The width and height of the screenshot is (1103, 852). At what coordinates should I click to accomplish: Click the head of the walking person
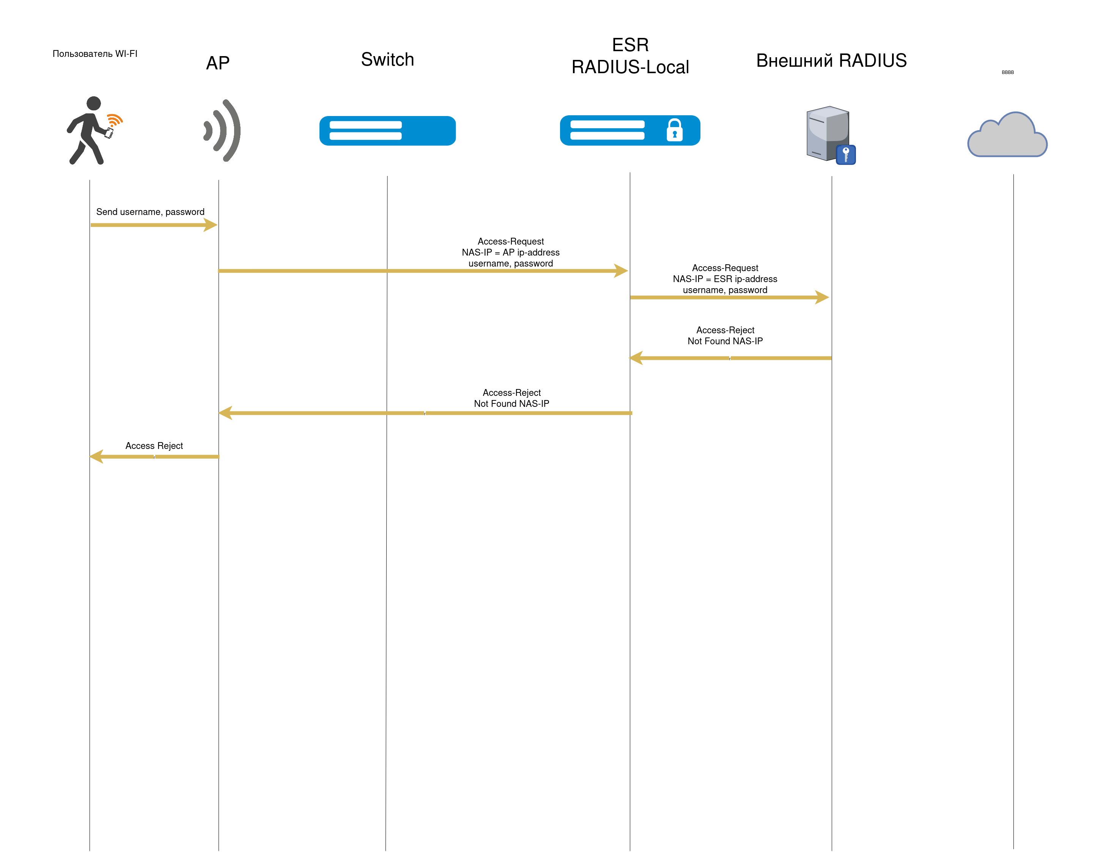coord(93,104)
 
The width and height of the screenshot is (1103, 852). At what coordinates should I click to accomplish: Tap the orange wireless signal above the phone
coord(115,120)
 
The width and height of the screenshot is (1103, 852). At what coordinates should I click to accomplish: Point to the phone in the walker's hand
coord(109,133)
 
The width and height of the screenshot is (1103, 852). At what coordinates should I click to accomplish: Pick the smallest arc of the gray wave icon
coord(207,130)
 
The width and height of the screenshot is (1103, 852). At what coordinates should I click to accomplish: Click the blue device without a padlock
coord(387,131)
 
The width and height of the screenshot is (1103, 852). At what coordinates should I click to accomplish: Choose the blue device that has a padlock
coord(630,130)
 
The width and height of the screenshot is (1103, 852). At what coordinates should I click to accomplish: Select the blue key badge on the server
coord(845,154)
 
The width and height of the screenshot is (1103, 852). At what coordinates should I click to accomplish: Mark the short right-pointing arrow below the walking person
coord(151,224)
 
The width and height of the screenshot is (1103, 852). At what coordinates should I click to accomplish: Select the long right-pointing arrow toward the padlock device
coord(419,271)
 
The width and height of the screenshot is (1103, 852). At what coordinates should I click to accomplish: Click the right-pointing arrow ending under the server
coord(727,297)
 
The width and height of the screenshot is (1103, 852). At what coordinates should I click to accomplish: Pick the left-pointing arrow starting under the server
coord(732,358)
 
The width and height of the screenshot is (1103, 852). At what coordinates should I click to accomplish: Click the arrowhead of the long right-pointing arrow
coord(621,271)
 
